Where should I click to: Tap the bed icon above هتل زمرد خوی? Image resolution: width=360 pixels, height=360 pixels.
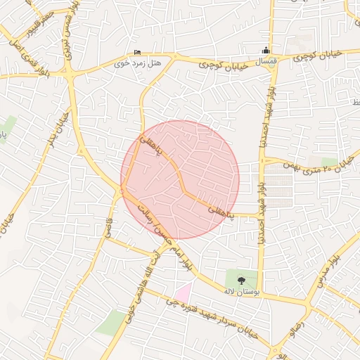coord(137,52)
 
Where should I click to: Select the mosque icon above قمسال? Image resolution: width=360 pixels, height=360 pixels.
coord(266,50)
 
